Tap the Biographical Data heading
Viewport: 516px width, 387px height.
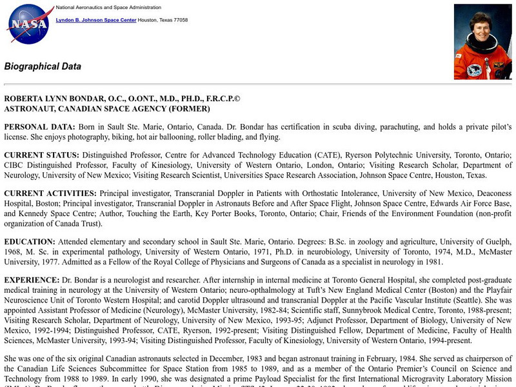(x=43, y=66)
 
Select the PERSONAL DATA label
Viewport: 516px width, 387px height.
(x=39, y=126)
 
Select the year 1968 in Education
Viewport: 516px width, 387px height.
(x=14, y=252)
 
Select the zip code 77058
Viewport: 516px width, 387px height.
(x=179, y=20)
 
